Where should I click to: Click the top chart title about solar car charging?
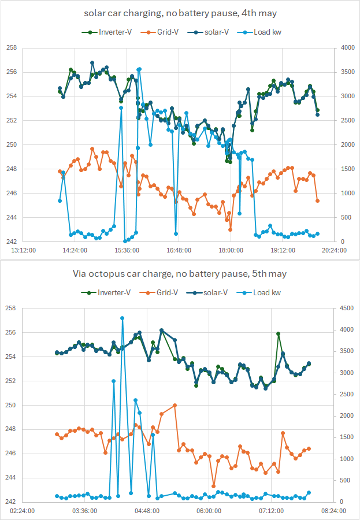tap(180, 14)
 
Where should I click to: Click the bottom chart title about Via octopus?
tap(180, 274)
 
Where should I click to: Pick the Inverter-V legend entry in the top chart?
tap(107, 32)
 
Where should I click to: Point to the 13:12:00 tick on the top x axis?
tap(23, 250)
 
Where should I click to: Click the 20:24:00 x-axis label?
tap(334, 250)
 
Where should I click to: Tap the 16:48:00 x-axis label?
tap(179, 250)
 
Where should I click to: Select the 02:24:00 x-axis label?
tap(23, 511)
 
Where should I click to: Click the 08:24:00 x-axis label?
tap(334, 511)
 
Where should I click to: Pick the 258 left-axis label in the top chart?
tap(12, 48)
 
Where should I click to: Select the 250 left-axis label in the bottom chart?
tap(12, 405)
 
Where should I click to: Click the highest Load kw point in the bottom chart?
tap(122, 318)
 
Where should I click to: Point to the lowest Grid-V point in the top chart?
tap(230, 229)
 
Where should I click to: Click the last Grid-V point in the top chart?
tap(318, 200)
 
